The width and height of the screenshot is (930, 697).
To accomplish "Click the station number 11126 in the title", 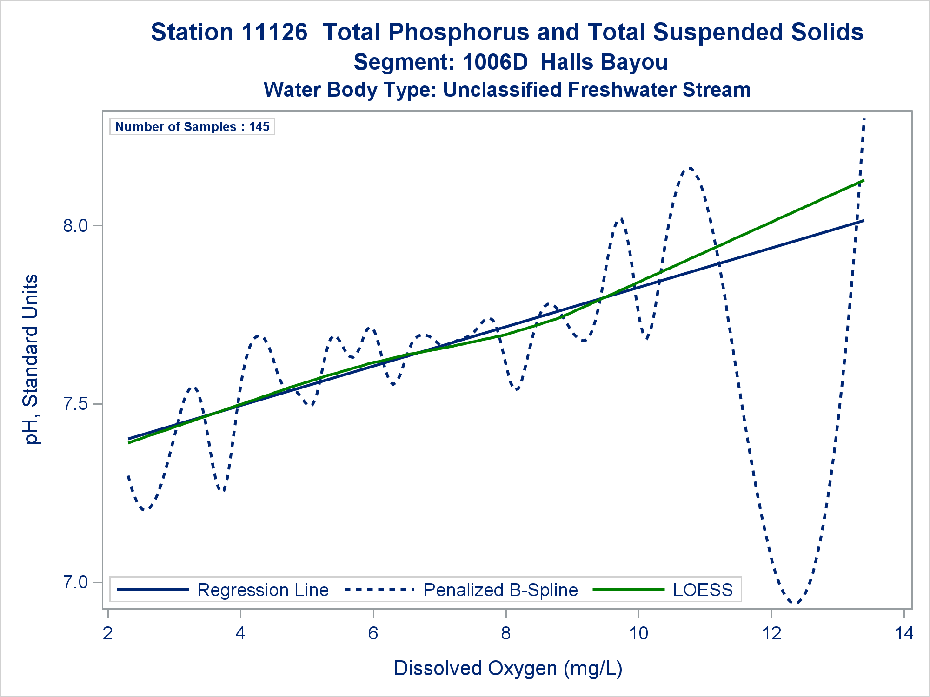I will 274,33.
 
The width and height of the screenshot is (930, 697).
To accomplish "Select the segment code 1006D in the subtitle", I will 495,62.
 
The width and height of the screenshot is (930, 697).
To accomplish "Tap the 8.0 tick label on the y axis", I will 75,226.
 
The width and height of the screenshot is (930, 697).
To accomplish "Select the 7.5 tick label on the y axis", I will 75,404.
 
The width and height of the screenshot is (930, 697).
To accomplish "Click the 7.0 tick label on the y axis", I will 75,582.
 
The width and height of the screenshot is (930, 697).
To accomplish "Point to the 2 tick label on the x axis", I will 108,633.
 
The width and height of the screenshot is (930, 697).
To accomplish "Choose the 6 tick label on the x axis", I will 373,633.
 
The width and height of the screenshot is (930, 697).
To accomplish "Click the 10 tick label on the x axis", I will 638,633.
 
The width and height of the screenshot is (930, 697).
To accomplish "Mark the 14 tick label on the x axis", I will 904,633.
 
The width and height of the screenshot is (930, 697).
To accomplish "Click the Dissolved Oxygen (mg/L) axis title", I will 508,668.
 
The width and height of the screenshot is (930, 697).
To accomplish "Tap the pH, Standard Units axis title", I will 32,359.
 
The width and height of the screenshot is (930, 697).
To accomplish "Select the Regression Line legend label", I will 263,590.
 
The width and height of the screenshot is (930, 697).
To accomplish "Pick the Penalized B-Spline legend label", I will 500,590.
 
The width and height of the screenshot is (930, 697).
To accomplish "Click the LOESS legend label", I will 703,590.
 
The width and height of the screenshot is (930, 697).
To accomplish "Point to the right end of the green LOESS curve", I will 863,180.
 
